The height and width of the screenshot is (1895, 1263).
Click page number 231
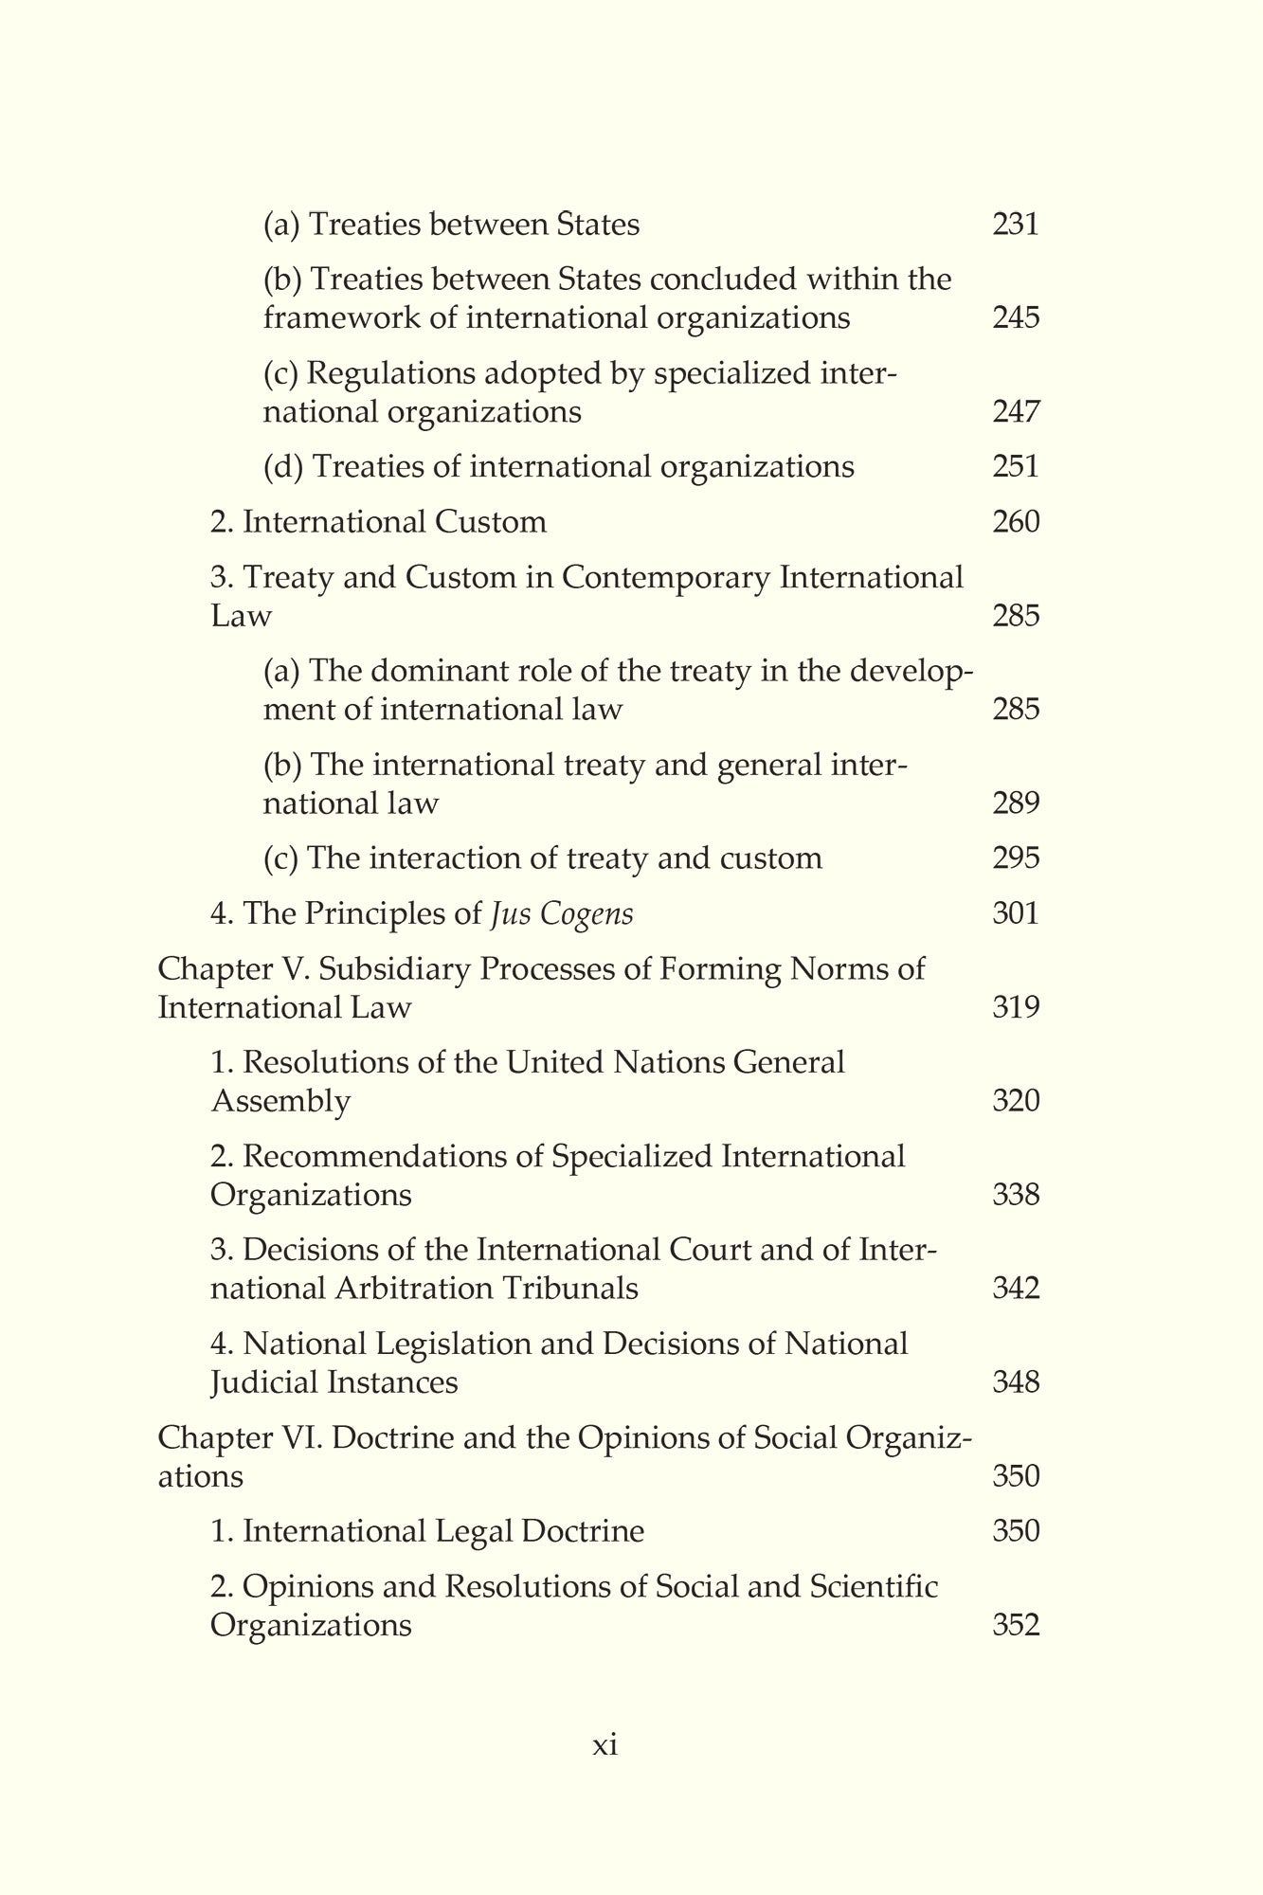1016,225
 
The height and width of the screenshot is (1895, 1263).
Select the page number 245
1016,317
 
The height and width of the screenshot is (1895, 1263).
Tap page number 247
1016,412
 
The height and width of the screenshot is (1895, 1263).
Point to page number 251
1016,466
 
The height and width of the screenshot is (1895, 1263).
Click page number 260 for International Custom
1016,522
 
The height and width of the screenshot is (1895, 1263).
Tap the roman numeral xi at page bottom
604,1744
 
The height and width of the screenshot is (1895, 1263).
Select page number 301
1016,913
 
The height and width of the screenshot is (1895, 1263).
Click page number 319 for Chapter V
1016,1006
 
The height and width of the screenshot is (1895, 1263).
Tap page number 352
1016,1626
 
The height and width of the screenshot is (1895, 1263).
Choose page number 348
1016,1382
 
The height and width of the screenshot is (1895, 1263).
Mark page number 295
1016,858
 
